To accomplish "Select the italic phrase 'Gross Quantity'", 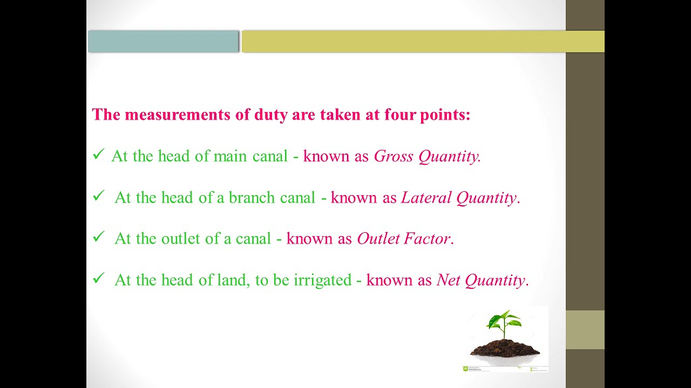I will pyautogui.click(x=426, y=156).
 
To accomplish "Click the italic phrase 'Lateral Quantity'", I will pyautogui.click(x=459, y=198).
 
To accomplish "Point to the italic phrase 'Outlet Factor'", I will pyautogui.click(x=403, y=239).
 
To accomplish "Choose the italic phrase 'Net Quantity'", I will pyautogui.click(x=480, y=280).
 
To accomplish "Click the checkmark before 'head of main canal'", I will pyautogui.click(x=98, y=155).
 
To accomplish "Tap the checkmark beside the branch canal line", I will pyautogui.click(x=98, y=196).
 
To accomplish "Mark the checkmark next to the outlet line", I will pyautogui.click(x=98, y=237).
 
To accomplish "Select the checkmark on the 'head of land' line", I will pyautogui.click(x=98, y=278).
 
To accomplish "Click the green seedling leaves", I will pyautogui.click(x=504, y=321).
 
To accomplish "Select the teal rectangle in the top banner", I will pyautogui.click(x=163, y=41).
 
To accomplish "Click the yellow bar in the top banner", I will pyautogui.click(x=423, y=41).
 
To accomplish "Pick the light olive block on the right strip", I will pyautogui.click(x=585, y=330).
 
